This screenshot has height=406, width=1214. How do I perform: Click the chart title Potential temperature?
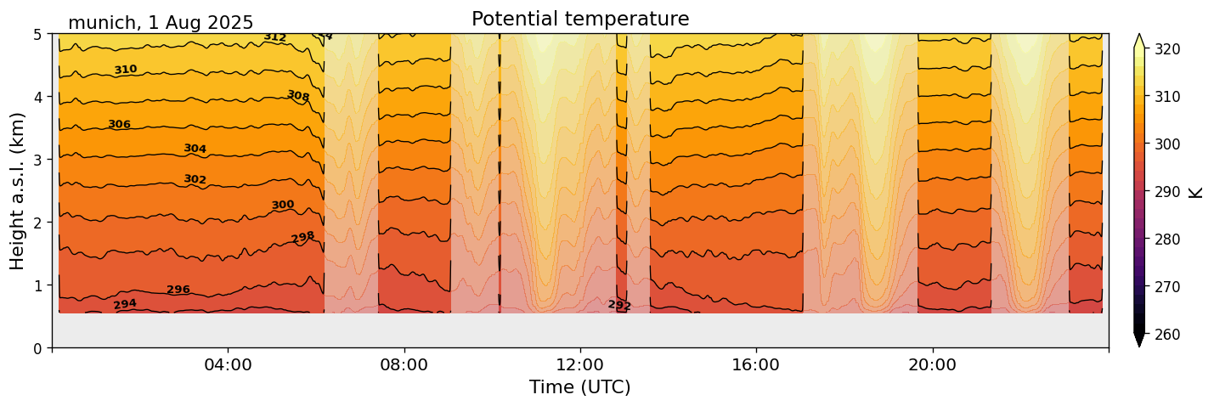point(580,19)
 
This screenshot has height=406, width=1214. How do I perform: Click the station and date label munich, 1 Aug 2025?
point(161,23)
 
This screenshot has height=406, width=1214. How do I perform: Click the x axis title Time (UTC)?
point(580,387)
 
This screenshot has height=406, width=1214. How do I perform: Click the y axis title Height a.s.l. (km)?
point(18,191)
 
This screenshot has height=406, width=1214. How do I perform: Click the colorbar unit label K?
point(1196,191)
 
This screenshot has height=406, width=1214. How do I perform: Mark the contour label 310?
point(126,70)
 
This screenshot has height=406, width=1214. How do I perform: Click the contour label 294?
point(125,304)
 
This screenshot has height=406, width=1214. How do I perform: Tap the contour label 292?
point(619,305)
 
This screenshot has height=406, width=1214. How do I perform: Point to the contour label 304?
point(195,149)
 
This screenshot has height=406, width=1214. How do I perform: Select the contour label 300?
point(283,205)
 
